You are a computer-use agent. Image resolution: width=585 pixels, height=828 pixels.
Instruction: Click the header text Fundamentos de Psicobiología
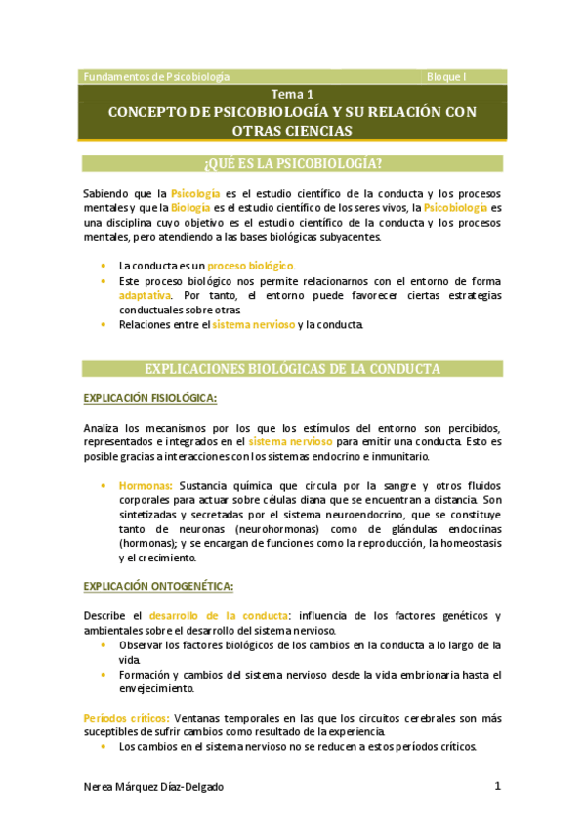[156, 76]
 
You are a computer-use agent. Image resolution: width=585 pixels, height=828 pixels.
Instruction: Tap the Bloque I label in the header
[447, 76]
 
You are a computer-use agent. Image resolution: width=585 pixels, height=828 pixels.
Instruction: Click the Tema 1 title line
[292, 95]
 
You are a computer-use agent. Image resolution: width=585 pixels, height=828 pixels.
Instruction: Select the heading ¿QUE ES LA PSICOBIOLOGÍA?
[292, 162]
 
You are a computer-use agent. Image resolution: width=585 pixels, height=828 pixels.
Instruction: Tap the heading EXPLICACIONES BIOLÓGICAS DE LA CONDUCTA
[292, 369]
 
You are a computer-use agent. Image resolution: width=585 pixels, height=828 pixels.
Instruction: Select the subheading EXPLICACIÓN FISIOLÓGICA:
[150, 398]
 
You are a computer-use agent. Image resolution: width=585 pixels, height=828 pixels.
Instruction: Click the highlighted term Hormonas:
[146, 484]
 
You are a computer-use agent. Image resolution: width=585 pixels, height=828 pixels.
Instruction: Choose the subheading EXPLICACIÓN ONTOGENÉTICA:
[157, 586]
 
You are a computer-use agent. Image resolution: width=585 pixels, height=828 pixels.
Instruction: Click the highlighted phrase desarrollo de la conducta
[218, 615]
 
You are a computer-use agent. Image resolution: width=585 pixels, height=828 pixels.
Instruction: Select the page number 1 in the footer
[497, 786]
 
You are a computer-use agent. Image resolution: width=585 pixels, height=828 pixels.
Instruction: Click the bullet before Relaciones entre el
[104, 323]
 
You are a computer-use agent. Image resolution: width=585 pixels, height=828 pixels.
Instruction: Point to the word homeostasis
[467, 544]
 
